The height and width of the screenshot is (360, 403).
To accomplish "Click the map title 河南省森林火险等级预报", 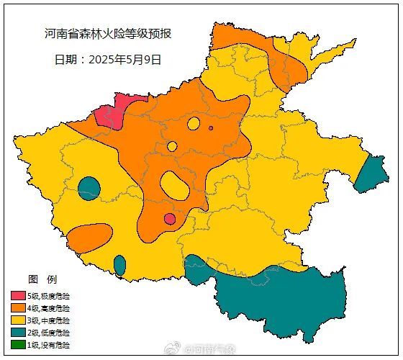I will [107, 34].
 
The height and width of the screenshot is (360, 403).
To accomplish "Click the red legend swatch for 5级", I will [18, 296].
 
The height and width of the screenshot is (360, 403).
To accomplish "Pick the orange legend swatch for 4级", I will [18, 308].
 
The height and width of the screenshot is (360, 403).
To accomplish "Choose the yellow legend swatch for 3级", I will [18, 320].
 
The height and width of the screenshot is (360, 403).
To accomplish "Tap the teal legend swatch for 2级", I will [18, 333].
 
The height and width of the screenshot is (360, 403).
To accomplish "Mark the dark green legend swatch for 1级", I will [18, 345].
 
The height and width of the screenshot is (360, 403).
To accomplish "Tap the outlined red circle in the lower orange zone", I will [170, 219].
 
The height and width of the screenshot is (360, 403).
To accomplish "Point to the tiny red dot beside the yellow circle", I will [211, 128].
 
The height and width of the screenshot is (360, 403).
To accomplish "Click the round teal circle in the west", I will [89, 188].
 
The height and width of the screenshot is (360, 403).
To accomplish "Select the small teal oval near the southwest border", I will [119, 265].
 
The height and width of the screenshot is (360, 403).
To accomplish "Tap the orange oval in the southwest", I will [89, 235].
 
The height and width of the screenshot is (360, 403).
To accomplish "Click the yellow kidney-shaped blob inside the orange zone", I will [175, 185].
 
